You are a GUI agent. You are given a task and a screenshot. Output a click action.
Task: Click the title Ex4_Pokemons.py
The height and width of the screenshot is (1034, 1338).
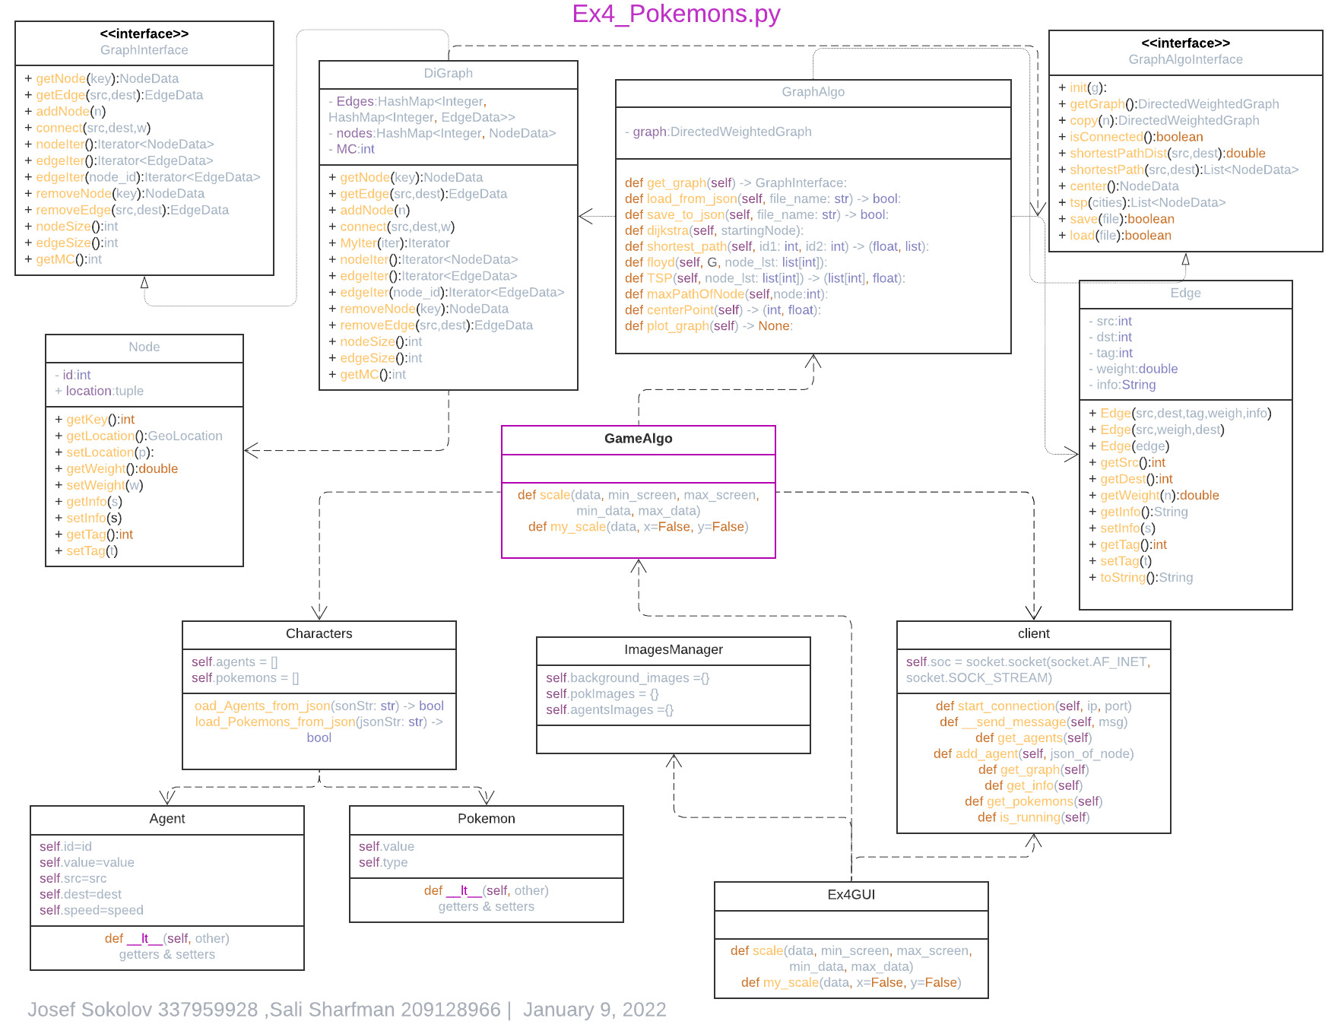tap(676, 14)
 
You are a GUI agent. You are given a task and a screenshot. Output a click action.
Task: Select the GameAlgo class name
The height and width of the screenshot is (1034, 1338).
tap(638, 439)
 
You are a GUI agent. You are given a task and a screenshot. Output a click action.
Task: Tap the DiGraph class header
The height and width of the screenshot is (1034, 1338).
tap(448, 74)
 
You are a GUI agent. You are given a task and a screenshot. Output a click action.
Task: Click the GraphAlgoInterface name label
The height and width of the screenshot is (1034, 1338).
tap(1185, 59)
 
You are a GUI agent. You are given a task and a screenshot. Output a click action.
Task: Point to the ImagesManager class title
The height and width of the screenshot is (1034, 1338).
tap(673, 649)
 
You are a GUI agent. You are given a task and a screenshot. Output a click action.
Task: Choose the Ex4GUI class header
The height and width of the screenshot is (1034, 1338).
tap(851, 895)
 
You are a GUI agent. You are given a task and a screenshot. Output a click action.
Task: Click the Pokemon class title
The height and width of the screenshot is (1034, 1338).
tap(486, 819)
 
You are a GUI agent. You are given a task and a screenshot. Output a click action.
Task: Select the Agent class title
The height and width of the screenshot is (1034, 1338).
tap(166, 819)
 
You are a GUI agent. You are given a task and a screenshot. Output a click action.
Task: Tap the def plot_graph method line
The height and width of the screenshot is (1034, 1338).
tap(708, 326)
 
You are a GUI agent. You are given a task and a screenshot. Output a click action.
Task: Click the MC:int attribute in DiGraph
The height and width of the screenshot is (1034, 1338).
tap(354, 150)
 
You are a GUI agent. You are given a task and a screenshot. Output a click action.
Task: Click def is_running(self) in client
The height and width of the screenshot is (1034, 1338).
tap(1033, 817)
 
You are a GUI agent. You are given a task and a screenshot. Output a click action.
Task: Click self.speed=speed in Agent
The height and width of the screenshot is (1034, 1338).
tap(91, 911)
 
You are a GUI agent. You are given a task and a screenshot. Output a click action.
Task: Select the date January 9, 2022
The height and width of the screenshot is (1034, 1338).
tap(594, 1010)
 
